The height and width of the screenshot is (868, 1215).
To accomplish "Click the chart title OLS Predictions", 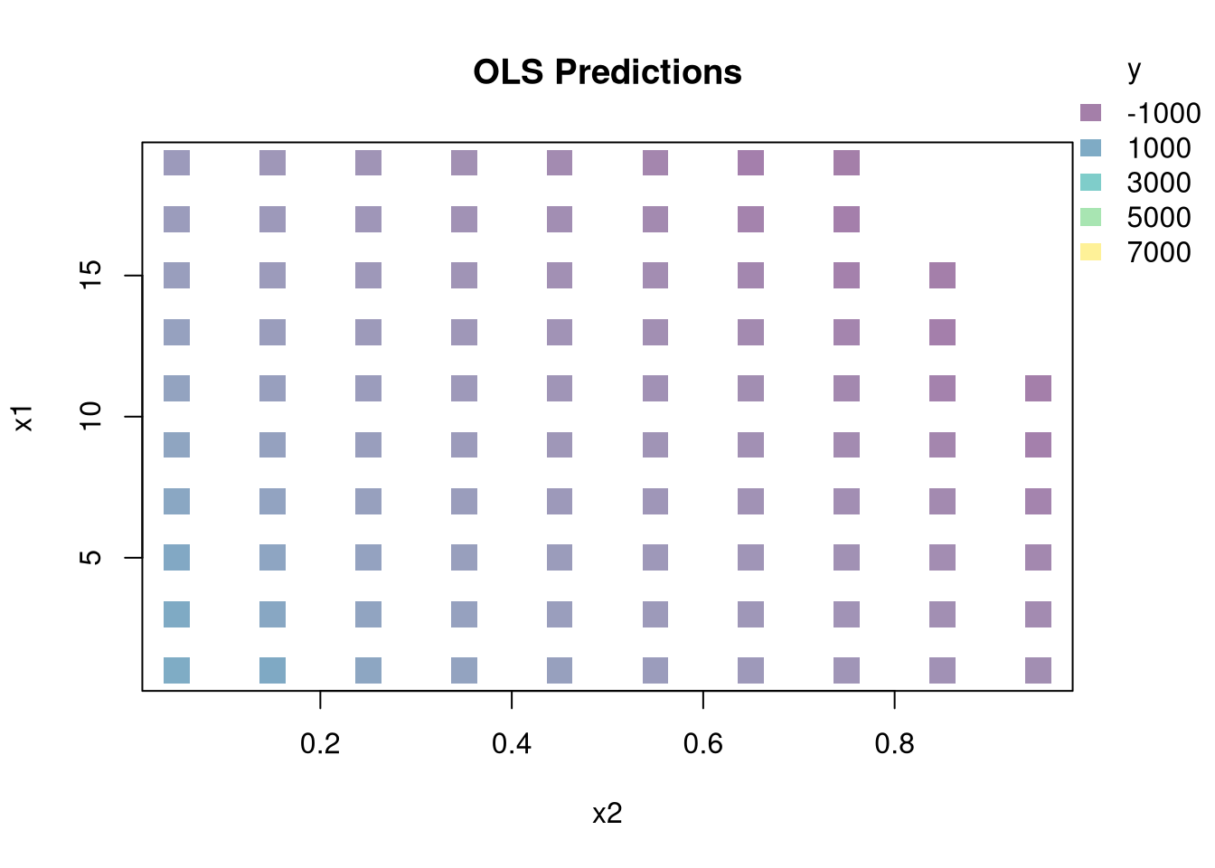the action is (607, 72).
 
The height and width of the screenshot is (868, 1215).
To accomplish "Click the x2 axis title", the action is (607, 813).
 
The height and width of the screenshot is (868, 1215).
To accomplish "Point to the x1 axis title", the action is (24, 419).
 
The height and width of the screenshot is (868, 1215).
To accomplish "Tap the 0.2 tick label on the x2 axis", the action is (320, 743).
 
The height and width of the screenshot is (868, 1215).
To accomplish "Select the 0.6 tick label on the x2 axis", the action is (703, 743).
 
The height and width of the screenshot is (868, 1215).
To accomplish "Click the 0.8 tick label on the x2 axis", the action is (894, 743).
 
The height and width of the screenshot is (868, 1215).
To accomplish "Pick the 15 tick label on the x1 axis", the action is (90, 275).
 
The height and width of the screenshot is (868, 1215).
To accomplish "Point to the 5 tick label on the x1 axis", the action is (90, 557).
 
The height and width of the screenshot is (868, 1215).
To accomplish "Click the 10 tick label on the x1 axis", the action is (90, 416).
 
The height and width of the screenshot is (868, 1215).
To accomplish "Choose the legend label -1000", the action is (1163, 113).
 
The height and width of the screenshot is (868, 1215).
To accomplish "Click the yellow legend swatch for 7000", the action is (1091, 251).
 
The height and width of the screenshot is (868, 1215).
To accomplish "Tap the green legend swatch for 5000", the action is (1091, 217).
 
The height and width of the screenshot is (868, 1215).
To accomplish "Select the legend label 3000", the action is (1159, 183).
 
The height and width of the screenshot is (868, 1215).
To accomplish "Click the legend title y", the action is (1135, 71).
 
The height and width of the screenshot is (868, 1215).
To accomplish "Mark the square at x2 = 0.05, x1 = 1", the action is (177, 671).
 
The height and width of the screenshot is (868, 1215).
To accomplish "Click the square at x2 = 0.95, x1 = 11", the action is (1038, 389).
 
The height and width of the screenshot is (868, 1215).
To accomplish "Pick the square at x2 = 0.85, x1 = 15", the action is (942, 276).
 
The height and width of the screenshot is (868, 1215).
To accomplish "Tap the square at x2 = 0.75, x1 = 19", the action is (847, 163).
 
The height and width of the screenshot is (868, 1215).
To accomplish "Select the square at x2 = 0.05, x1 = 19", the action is (177, 163).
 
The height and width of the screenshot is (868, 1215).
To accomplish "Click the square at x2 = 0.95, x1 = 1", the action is (1038, 671).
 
